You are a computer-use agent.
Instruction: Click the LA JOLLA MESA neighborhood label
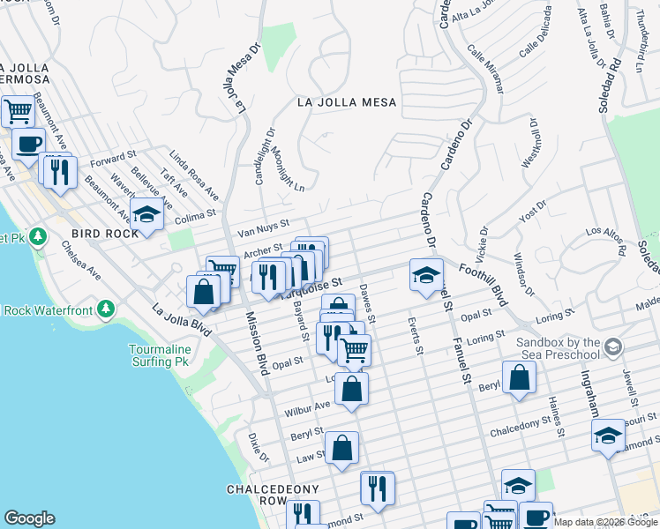[347, 102]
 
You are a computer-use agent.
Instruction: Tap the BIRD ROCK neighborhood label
[105, 234]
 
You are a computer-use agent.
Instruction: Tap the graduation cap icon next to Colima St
[146, 214]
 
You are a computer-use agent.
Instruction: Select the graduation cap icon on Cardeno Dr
[426, 273]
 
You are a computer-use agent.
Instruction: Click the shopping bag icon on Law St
[341, 447]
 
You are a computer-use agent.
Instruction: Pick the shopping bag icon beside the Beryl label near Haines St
[520, 376]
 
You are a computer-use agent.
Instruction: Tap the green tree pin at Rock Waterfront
[107, 309]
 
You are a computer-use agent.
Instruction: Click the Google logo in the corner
[29, 518]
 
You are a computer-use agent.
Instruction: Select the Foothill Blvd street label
[484, 282]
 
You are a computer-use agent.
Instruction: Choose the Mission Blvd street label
[257, 344]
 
